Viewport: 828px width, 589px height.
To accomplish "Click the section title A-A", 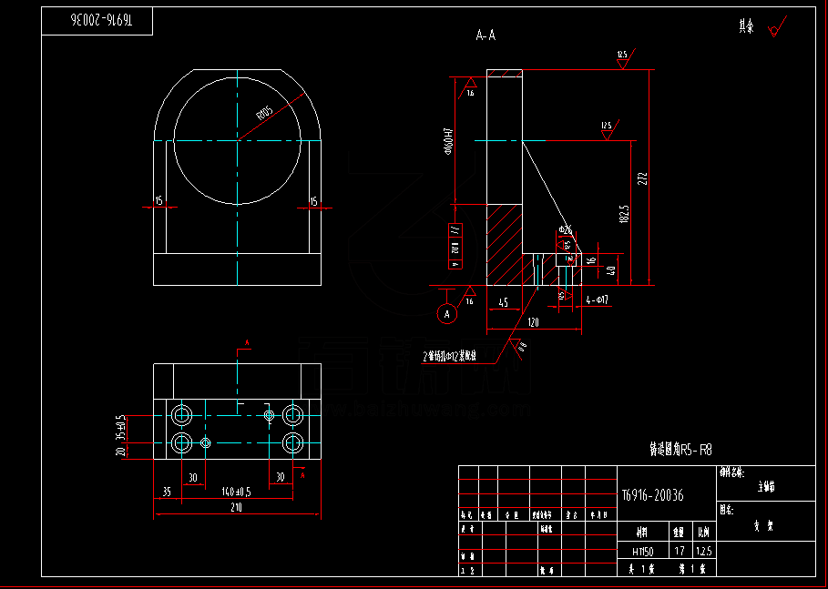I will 486,36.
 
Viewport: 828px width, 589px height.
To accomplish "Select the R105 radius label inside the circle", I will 265,114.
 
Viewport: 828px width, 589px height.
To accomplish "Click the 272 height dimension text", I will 643,177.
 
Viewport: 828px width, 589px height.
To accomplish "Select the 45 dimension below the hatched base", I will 503,303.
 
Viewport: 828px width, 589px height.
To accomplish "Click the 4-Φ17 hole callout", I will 598,299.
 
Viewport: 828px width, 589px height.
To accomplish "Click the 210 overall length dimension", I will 236,507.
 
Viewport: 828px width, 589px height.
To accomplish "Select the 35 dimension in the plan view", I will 166,491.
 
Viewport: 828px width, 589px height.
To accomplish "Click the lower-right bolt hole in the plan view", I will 293,443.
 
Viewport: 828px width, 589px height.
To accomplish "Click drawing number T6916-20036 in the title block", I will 652,495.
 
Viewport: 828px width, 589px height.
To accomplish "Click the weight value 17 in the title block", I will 679,551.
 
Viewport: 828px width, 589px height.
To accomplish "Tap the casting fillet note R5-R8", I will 680,449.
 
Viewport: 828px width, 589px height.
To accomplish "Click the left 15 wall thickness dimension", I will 159,200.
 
